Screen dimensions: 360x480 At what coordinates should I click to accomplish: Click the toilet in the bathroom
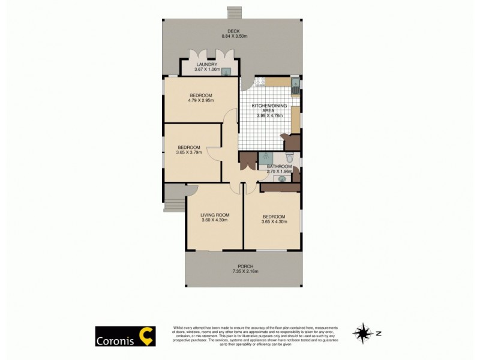click(x=289, y=158)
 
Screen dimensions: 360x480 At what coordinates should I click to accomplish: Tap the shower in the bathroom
click(x=264, y=157)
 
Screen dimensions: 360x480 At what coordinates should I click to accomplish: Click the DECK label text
click(x=234, y=31)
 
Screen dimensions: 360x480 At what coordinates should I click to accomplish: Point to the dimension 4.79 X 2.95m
click(x=200, y=101)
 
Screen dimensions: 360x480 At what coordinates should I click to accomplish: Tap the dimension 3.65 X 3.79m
click(x=188, y=152)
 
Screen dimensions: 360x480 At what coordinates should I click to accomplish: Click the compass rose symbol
click(x=362, y=332)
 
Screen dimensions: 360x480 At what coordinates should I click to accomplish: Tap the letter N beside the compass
click(x=379, y=332)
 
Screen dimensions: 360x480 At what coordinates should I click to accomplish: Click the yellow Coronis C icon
click(x=146, y=336)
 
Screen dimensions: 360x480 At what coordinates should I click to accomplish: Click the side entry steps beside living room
click(x=172, y=198)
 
